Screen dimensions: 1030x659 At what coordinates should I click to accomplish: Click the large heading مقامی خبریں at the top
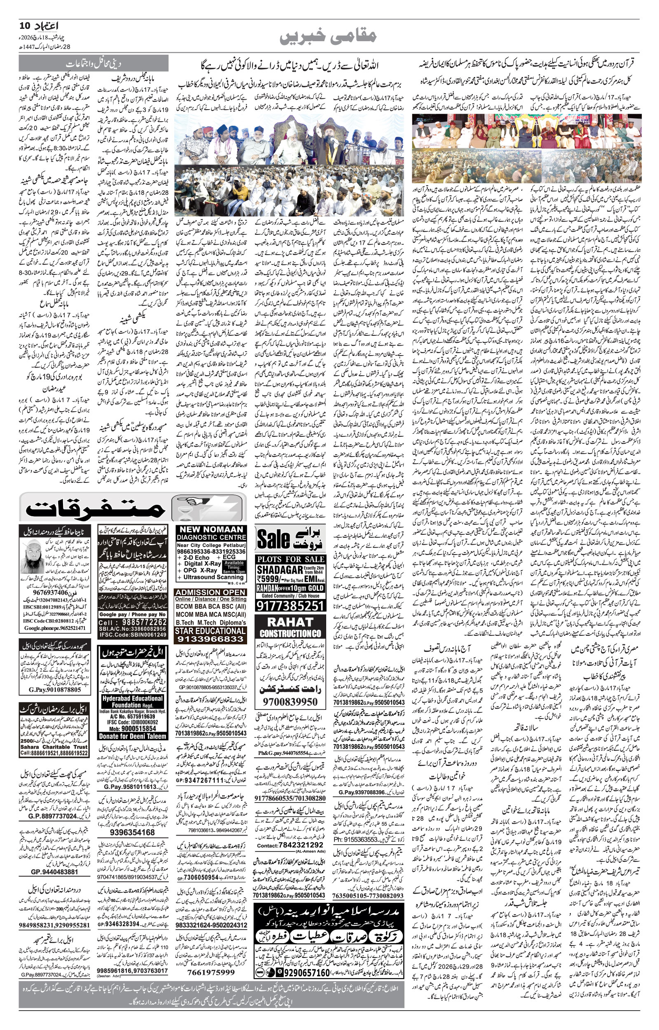[x=329, y=36]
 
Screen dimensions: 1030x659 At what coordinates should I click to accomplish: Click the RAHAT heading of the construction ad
[x=290, y=622]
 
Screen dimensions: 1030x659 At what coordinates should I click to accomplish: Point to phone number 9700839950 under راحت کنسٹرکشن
[x=290, y=702]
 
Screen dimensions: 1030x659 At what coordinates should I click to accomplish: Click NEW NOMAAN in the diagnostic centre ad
[x=211, y=529]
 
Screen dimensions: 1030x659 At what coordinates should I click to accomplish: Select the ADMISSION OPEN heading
[x=210, y=592]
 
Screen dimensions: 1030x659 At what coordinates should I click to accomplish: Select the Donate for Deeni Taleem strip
[x=133, y=736]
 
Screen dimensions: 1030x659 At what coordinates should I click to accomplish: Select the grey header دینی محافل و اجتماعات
[x=93, y=64]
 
